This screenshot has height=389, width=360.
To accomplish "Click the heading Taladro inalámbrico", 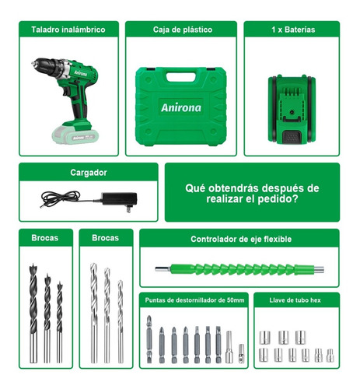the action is [68, 30].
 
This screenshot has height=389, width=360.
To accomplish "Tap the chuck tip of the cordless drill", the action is [33, 63].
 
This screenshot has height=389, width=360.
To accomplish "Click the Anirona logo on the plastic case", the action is [181, 107].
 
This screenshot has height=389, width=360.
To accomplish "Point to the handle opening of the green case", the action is [181, 77].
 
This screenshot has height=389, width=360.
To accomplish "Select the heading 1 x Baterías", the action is [293, 30].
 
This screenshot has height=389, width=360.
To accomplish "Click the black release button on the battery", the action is [292, 137].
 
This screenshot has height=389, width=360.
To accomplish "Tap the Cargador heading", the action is [89, 173].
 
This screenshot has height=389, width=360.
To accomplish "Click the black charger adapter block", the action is [119, 199].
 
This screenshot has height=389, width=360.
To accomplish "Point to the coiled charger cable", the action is [61, 198].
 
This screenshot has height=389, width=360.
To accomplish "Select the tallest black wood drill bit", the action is [33, 313].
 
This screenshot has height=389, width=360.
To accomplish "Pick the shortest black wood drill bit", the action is [60, 322].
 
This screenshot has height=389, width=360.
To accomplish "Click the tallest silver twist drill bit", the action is [93, 313].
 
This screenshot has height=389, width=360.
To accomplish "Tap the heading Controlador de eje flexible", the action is [241, 239].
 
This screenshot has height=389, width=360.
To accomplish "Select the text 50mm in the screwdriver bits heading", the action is [236, 300].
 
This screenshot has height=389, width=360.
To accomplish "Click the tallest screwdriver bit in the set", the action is [149, 339].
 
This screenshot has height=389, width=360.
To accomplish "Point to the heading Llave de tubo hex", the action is [295, 300].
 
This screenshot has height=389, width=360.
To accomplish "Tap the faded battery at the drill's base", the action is [75, 136].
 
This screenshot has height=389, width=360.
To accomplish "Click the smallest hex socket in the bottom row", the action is [330, 356].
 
